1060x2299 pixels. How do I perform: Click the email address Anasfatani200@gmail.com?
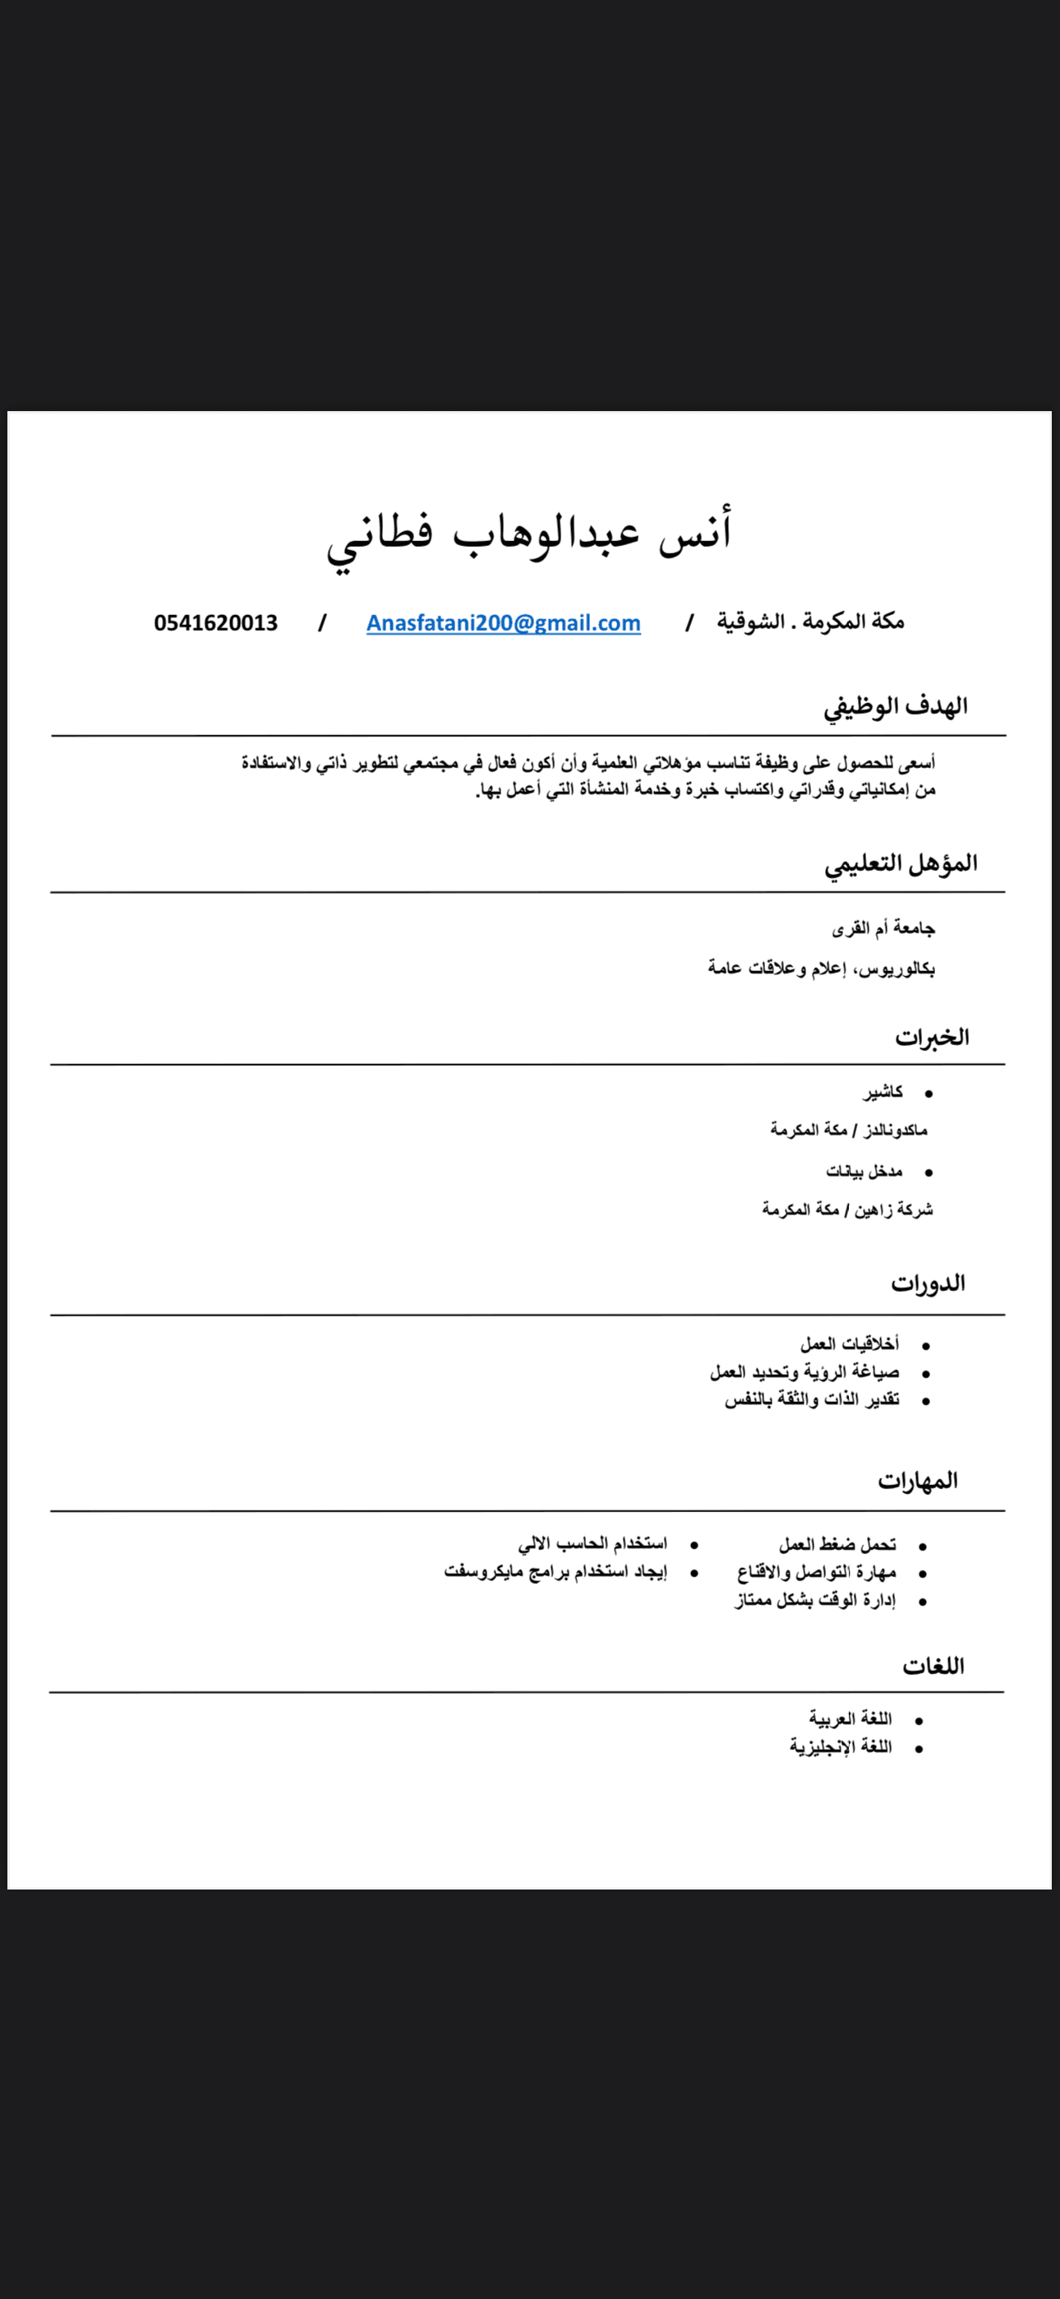tap(503, 623)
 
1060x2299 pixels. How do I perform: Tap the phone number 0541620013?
tap(216, 623)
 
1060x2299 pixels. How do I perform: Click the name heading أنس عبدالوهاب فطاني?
tap(529, 535)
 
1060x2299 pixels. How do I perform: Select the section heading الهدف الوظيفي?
tap(895, 707)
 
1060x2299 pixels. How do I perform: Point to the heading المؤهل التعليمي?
tap(901, 864)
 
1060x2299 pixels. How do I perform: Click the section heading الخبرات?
tap(932, 1037)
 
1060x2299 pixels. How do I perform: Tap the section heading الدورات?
tap(928, 1284)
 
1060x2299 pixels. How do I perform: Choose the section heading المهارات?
tap(917, 1482)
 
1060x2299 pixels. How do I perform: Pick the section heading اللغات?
tap(933, 1666)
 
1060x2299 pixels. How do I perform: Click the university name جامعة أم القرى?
tap(883, 929)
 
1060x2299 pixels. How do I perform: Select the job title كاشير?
tap(883, 1091)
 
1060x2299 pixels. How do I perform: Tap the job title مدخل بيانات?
tap(864, 1171)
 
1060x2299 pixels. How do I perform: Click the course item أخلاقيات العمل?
tap(850, 1344)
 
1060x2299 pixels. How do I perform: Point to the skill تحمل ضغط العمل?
tap(837, 1545)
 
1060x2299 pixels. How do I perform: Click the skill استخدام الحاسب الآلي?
tap(592, 1544)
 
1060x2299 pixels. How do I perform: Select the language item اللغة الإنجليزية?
tap(841, 1746)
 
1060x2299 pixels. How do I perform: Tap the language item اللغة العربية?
tap(850, 1718)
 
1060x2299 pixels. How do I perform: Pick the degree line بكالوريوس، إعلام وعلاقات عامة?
tap(822, 969)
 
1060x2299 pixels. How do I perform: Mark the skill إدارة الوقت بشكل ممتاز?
tap(814, 1600)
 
